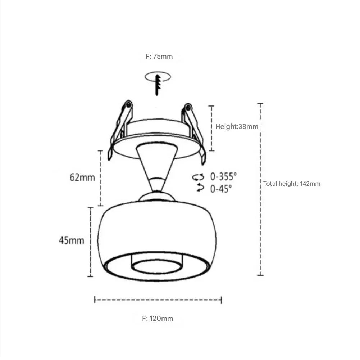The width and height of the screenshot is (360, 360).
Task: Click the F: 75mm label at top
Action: [159, 56]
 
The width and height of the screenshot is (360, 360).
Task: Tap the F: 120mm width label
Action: [158, 318]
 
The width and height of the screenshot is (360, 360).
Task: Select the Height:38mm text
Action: [237, 126]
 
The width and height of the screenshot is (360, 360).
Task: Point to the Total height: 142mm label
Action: [292, 184]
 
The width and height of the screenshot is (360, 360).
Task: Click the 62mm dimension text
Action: [82, 177]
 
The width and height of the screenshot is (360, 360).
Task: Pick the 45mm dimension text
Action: [72, 240]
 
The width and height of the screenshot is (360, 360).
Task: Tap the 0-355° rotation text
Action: [223, 176]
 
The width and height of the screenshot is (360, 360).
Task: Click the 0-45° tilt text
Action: [221, 189]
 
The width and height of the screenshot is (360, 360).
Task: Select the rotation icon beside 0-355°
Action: [198, 177]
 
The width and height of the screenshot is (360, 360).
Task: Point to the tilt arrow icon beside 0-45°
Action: [200, 188]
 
